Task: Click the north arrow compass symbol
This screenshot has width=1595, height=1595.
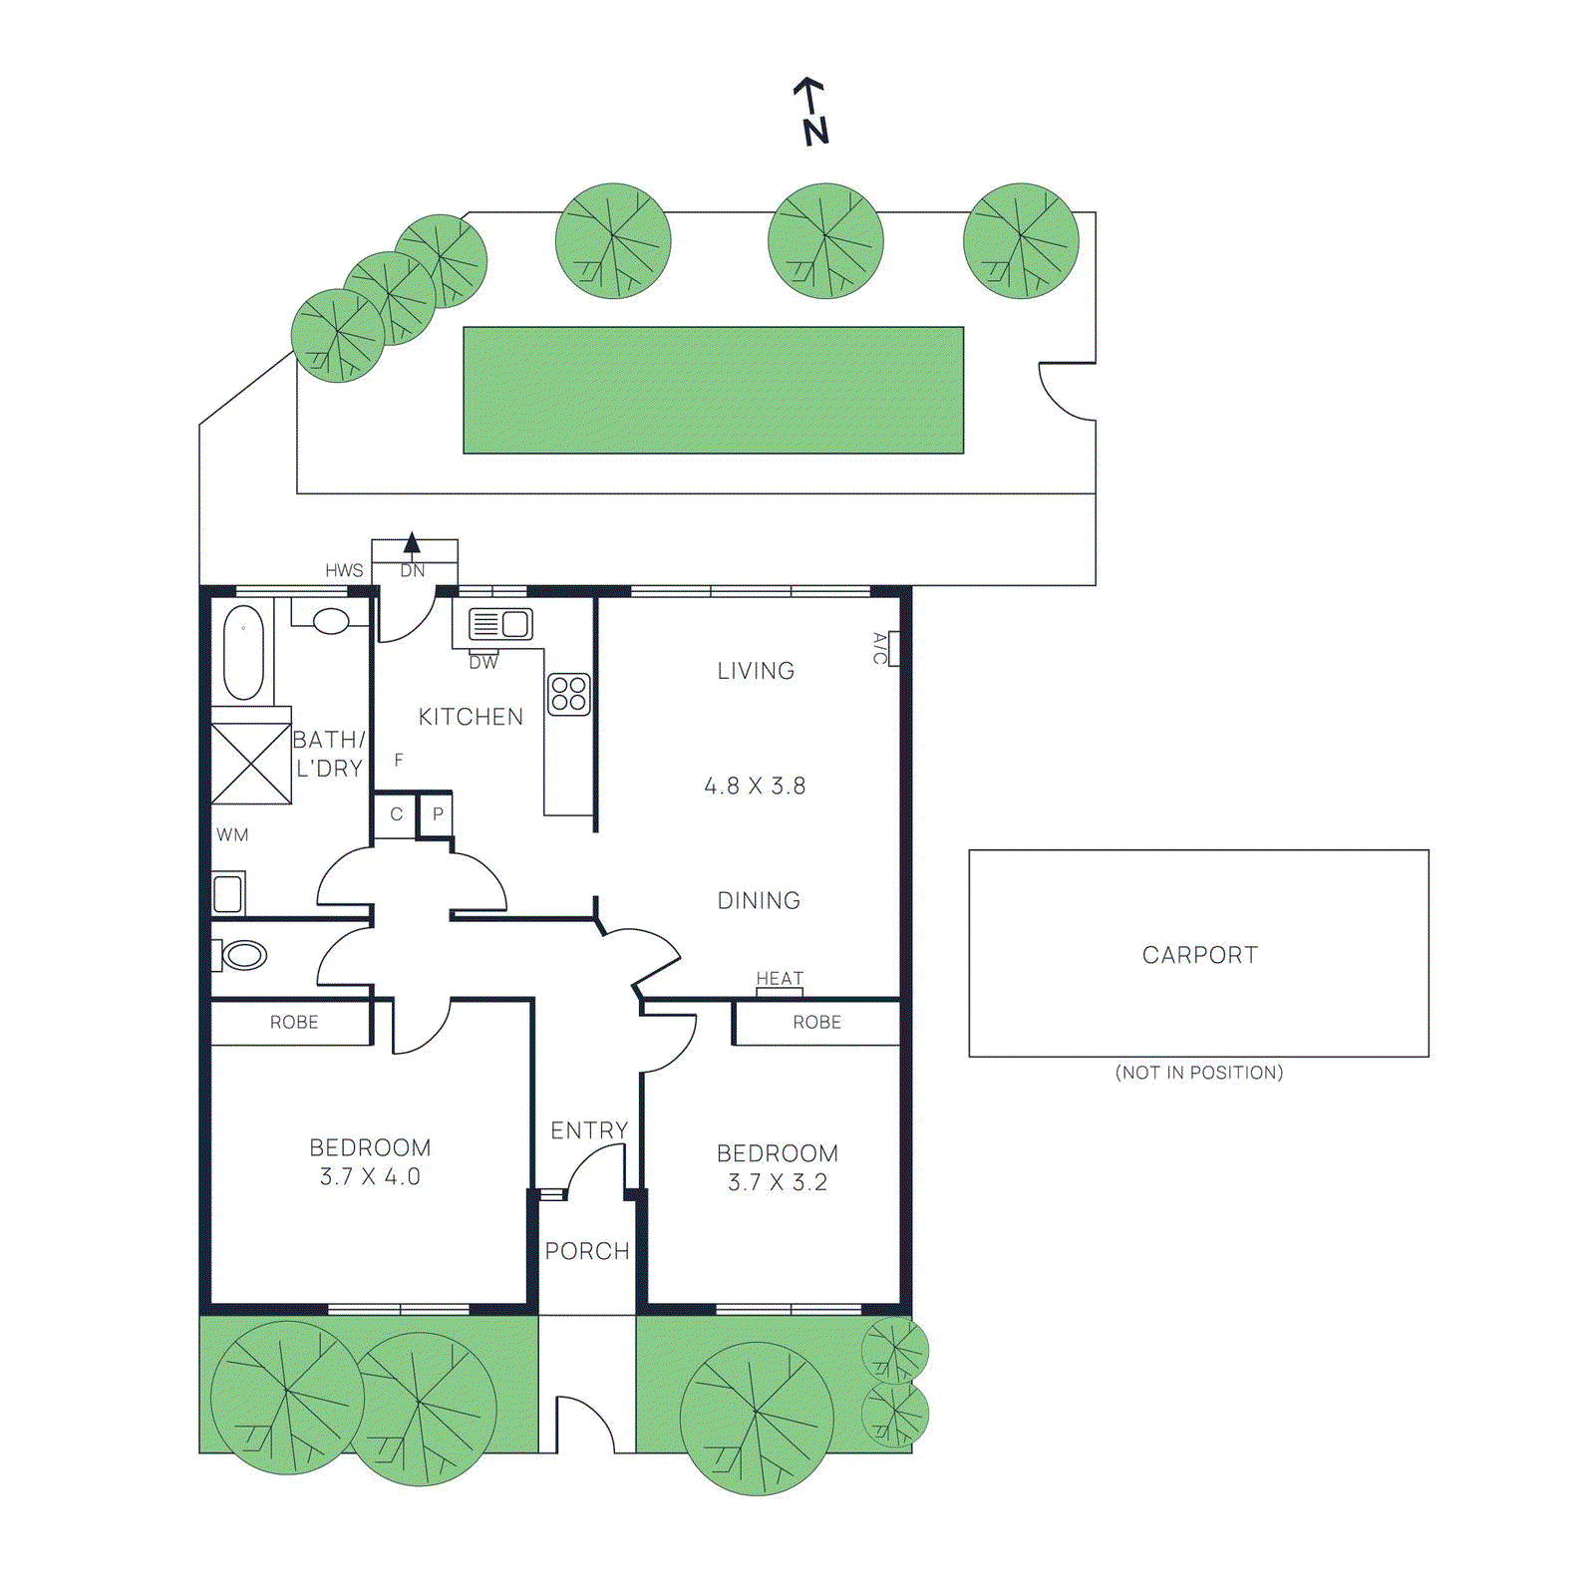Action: tap(812, 111)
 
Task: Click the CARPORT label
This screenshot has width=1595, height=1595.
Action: tap(1199, 955)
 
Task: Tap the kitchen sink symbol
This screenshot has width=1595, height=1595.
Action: tap(501, 624)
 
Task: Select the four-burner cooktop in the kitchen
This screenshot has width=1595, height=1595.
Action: tap(569, 694)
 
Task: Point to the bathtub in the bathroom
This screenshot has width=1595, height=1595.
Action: tap(243, 653)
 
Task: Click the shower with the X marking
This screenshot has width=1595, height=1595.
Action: tap(250, 764)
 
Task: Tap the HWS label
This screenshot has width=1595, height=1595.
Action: tap(344, 570)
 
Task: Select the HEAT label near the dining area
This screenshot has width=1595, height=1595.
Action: tap(780, 979)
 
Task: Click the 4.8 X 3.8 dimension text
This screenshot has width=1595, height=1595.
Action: tap(755, 787)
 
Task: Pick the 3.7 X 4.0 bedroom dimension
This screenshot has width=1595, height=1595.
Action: tap(370, 1177)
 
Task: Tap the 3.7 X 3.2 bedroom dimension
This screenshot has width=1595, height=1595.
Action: tap(778, 1183)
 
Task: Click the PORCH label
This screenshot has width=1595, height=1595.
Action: tap(587, 1251)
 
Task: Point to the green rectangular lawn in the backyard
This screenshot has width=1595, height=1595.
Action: tap(713, 391)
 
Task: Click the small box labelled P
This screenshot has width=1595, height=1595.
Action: tap(437, 814)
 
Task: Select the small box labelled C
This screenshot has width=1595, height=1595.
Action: tap(396, 814)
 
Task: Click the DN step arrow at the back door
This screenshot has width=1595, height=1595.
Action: tap(412, 545)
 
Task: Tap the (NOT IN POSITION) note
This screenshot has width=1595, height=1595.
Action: tap(1199, 1073)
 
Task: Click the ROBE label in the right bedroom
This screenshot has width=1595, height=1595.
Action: tap(816, 1023)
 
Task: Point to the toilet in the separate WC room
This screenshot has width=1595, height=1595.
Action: tap(242, 955)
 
